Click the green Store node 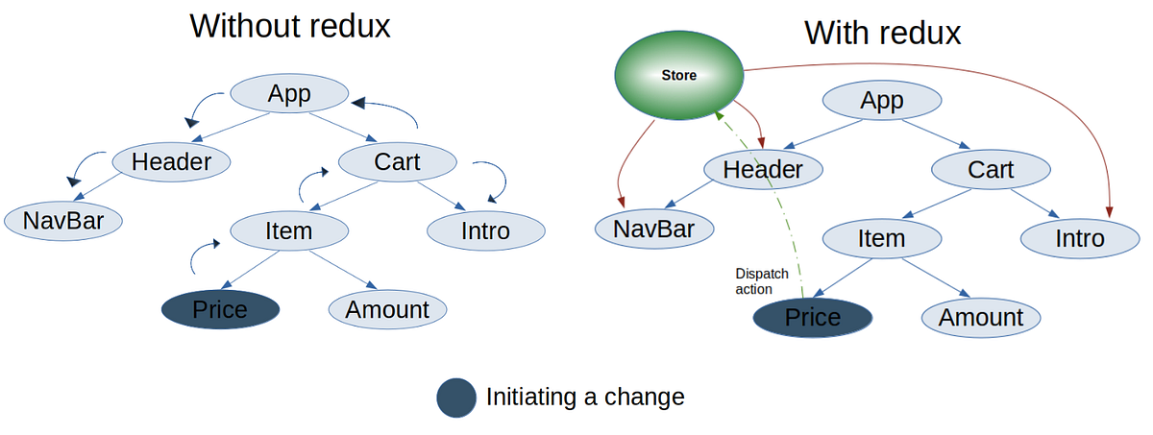point(679,75)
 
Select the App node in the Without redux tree point(289,94)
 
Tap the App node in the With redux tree point(882,101)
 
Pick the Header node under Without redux point(171,162)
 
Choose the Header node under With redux point(763,170)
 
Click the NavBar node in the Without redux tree point(64,221)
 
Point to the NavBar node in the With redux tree point(654,230)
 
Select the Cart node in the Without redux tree point(397,162)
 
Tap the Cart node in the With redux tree point(991,170)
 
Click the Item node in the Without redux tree point(289,230)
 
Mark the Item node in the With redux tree point(881,238)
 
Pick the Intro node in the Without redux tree point(485,230)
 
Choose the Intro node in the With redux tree point(1078,238)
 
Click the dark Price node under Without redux point(220,309)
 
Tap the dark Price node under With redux point(813,318)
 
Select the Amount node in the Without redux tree point(387,309)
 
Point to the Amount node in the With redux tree point(981,318)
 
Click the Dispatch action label point(761,281)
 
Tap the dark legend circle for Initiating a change point(456,398)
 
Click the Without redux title point(290,25)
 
